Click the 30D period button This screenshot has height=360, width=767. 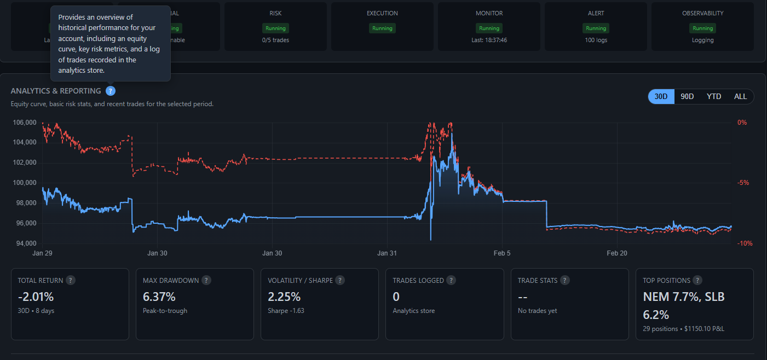pos(661,96)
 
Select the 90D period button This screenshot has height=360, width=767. pos(687,96)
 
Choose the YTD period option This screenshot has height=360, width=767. pos(714,96)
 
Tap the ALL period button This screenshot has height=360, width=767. pos(740,96)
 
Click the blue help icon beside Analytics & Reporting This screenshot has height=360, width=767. pos(111,91)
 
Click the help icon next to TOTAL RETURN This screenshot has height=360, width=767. pos(71,280)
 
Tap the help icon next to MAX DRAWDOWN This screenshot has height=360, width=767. pos(206,280)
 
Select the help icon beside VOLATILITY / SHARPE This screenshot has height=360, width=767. pos(340,280)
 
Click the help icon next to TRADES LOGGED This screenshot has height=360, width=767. pos(451,280)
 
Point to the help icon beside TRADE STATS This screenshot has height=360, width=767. pos(564,280)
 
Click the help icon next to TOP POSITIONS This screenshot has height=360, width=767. pos(697,280)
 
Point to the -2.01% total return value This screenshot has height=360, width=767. pos(36,297)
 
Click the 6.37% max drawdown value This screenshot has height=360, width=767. pos(159,297)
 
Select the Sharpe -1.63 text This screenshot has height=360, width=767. pos(286,311)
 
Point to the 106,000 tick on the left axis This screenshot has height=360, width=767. pos(24,123)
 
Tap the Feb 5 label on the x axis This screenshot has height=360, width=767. pos(502,253)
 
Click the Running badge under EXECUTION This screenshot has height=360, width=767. pos(382,28)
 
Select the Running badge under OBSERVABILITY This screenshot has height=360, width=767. pos(702,28)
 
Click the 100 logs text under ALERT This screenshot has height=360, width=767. pos(596,40)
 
